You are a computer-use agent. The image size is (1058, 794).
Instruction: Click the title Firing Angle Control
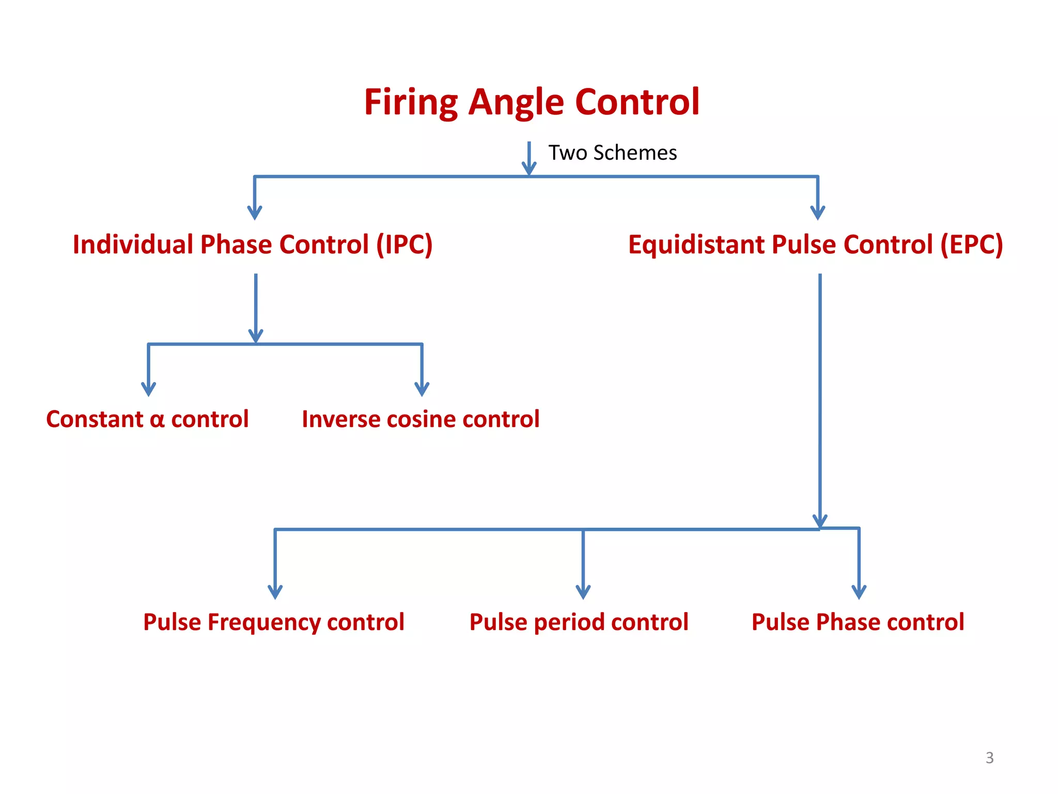click(x=532, y=102)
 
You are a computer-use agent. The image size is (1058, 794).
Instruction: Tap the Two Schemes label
click(x=612, y=153)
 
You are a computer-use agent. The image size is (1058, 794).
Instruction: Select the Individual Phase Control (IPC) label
click(x=253, y=245)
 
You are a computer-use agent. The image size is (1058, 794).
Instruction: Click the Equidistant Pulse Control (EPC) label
click(x=815, y=245)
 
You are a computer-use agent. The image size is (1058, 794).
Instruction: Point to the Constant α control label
click(x=147, y=419)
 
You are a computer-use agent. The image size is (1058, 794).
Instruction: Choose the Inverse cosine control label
click(x=421, y=419)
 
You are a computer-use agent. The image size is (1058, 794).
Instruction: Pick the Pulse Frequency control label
click(x=274, y=622)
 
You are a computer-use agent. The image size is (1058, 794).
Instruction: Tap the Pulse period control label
click(x=579, y=622)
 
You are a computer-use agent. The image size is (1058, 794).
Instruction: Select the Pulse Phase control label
click(x=858, y=622)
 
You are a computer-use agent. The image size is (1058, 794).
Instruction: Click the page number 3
click(x=989, y=758)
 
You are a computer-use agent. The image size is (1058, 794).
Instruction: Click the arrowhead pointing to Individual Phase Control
click(x=255, y=212)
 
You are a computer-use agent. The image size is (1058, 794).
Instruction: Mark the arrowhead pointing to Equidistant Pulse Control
click(x=818, y=212)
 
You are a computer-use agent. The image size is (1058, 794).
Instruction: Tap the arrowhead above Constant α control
click(x=149, y=389)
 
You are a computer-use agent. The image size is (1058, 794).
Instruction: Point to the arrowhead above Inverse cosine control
click(x=422, y=389)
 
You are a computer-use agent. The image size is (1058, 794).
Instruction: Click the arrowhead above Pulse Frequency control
click(x=275, y=592)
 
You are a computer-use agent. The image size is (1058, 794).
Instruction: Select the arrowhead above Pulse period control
click(x=583, y=592)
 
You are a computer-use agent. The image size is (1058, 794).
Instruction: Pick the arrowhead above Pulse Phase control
click(x=859, y=592)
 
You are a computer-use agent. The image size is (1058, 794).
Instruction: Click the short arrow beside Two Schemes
click(x=529, y=159)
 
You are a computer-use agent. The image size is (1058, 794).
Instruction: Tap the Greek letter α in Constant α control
click(x=157, y=420)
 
